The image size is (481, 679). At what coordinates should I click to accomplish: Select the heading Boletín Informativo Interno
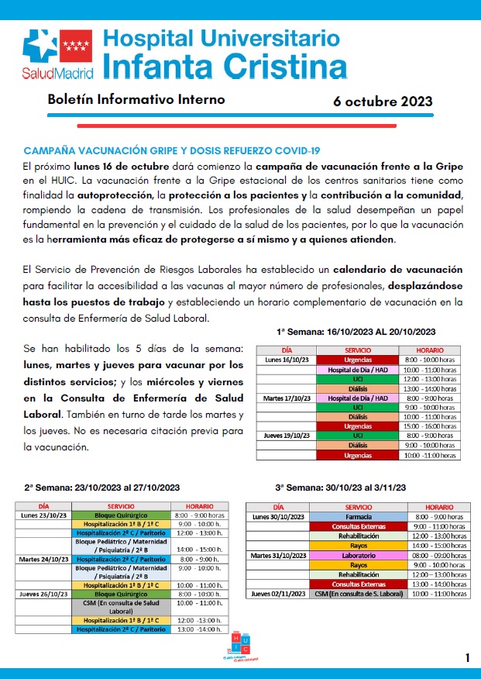[136, 100]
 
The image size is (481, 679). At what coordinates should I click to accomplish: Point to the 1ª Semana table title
[366, 331]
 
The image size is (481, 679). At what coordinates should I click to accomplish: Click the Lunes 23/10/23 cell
[44, 515]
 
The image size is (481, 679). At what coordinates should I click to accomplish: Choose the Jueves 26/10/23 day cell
[44, 593]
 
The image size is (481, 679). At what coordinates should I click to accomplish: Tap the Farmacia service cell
[358, 516]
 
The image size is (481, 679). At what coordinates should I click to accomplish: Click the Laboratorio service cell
[358, 555]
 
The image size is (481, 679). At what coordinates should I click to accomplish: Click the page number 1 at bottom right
[468, 658]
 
